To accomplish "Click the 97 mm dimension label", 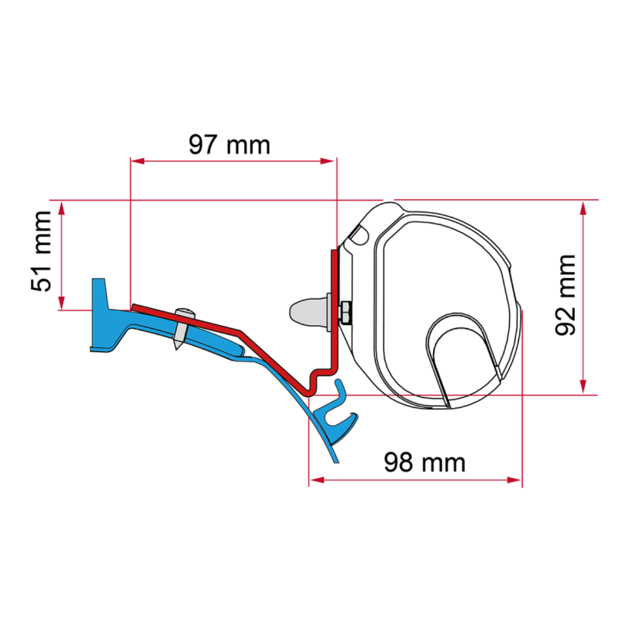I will point(229,145).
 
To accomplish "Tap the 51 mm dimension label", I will point(41,251).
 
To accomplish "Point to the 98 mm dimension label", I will point(425,461).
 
